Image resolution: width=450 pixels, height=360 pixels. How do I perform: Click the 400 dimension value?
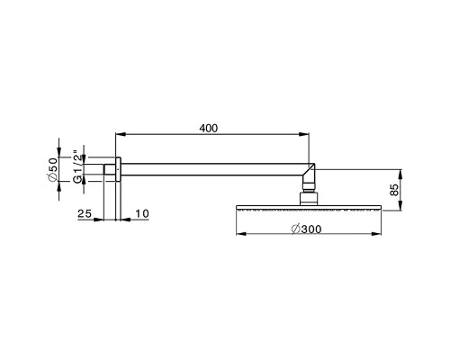pos(208,129)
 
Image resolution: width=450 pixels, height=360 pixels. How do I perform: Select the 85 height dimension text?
pos(394,189)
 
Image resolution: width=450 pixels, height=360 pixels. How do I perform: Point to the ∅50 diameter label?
pos(53,169)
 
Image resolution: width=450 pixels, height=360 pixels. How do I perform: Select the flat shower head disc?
pos(308,208)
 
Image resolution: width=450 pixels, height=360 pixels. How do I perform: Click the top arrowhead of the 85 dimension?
pos(401,169)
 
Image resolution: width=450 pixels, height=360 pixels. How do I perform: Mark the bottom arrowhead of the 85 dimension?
pos(401,207)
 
